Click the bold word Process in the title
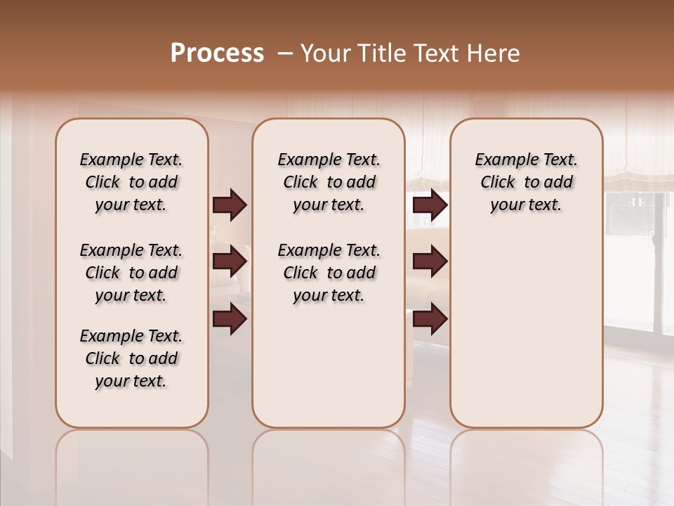(217, 53)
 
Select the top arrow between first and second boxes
(230, 205)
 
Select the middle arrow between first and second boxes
(230, 261)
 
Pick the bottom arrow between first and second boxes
(230, 318)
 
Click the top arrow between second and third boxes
(430, 205)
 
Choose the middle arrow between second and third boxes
(430, 261)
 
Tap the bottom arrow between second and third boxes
(430, 318)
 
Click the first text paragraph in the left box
(131, 182)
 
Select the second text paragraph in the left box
(131, 273)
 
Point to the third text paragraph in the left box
(131, 358)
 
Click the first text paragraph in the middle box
(329, 182)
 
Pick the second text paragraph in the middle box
(329, 273)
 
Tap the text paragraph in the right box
(526, 182)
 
